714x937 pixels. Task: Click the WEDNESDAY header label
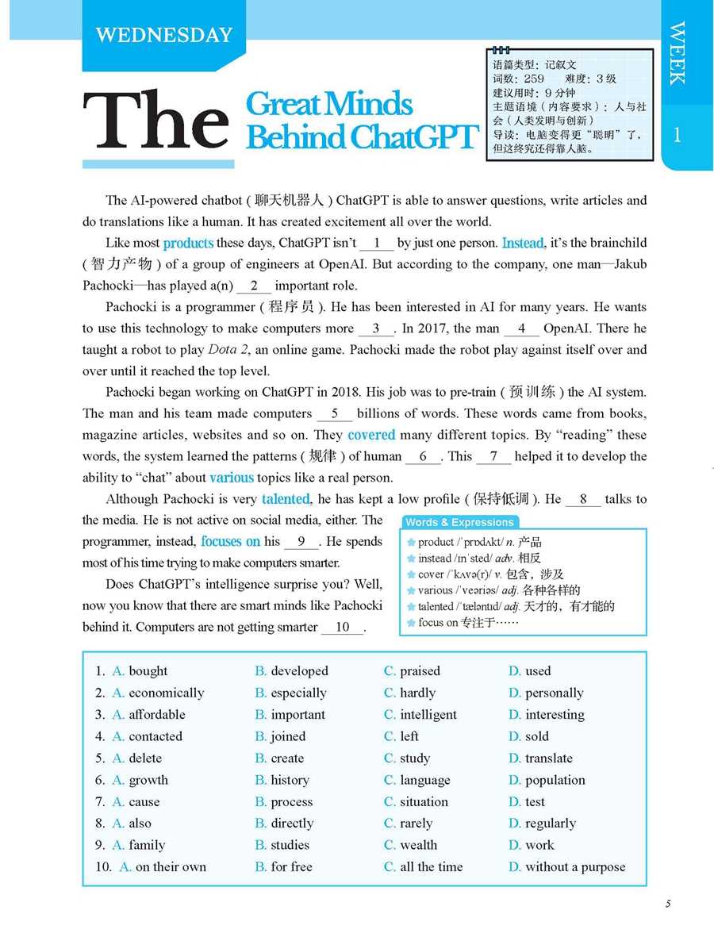click(163, 35)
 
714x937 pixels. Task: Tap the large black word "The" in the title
click(155, 121)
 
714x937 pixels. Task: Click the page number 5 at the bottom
click(668, 904)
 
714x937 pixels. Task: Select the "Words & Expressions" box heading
click(459, 522)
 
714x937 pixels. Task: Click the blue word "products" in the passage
click(188, 243)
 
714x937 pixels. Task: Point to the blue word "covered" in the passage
click(371, 435)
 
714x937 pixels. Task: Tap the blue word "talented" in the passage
click(286, 499)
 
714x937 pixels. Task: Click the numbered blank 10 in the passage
click(343, 628)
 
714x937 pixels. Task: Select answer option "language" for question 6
click(424, 780)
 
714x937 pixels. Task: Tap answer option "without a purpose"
click(574, 867)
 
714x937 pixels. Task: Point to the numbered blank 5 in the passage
click(335, 413)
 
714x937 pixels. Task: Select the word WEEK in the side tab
click(677, 53)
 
